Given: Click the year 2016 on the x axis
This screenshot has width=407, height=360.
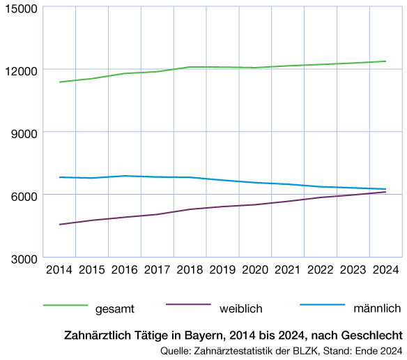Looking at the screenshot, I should (125, 270).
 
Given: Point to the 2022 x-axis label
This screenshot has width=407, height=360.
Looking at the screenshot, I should (321, 270).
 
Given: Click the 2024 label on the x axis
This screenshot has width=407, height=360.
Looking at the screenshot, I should (385, 270).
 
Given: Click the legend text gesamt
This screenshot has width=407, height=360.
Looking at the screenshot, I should (115, 308).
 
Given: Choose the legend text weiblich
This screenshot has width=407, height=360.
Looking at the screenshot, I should (240, 308).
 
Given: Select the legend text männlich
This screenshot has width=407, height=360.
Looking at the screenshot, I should (377, 308).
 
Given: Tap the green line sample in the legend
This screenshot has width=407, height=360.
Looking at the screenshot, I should (66, 306).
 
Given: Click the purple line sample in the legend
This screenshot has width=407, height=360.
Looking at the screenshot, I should (188, 306).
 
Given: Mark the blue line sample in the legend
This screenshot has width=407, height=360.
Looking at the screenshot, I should (322, 306).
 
